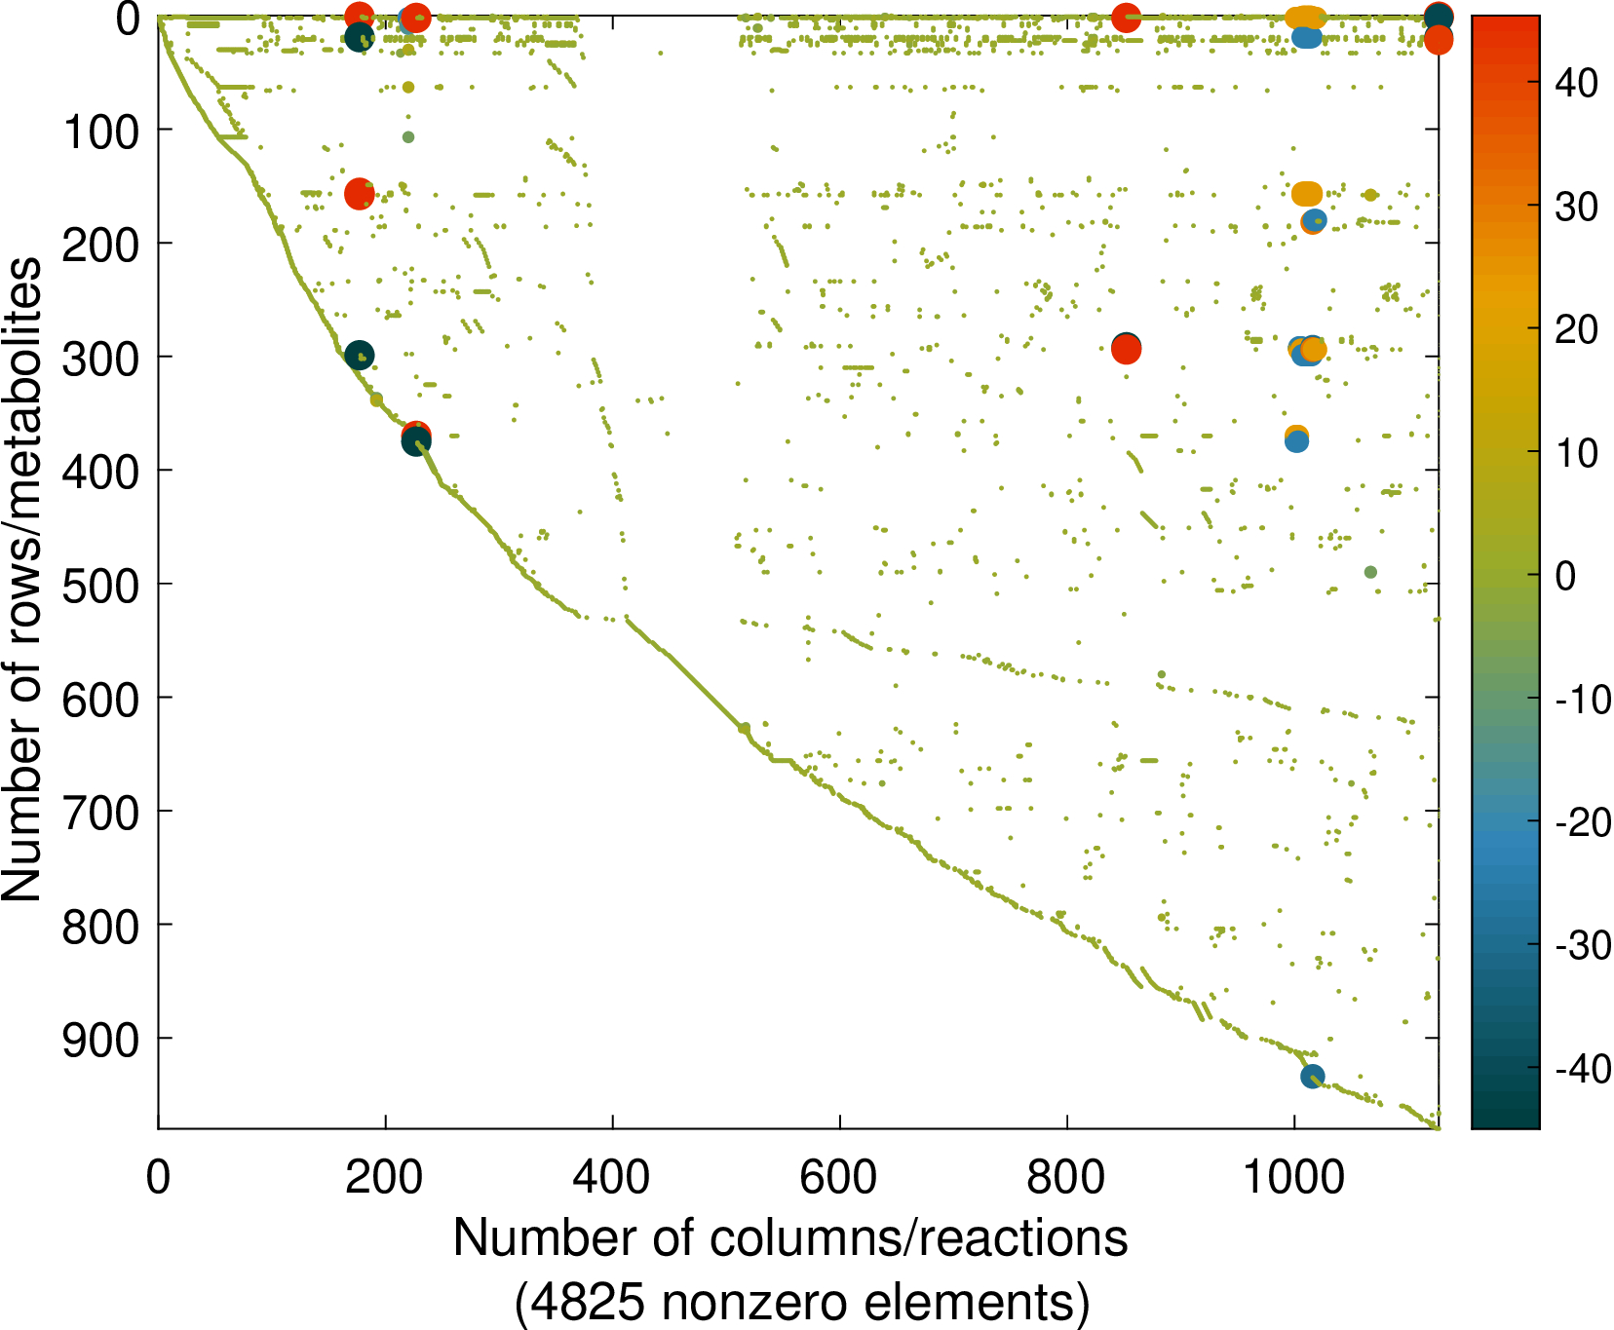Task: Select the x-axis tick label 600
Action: [838, 1177]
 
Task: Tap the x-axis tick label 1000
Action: [1294, 1177]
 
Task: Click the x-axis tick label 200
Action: [384, 1177]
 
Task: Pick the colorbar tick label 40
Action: [1577, 84]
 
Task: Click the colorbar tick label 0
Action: [1565, 576]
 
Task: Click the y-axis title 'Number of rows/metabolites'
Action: [21, 579]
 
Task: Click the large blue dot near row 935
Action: [1312, 1076]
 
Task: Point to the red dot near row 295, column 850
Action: [1127, 349]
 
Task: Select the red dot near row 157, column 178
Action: [360, 194]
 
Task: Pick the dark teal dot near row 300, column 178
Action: [359, 356]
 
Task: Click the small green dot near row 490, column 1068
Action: [1370, 572]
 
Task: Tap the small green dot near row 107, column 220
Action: [408, 137]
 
